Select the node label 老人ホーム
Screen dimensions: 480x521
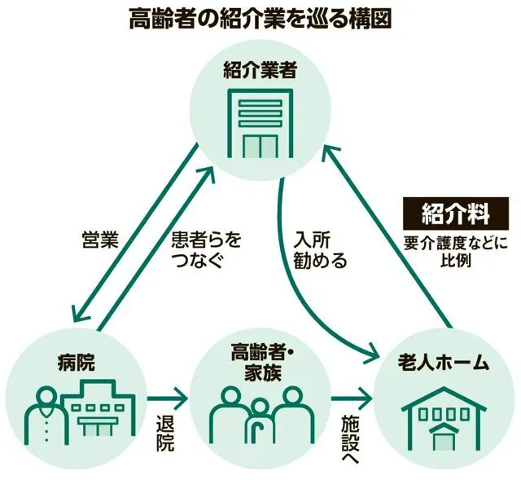click(444, 359)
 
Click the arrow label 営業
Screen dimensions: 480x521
click(101, 240)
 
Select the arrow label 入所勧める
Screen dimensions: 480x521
click(322, 251)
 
